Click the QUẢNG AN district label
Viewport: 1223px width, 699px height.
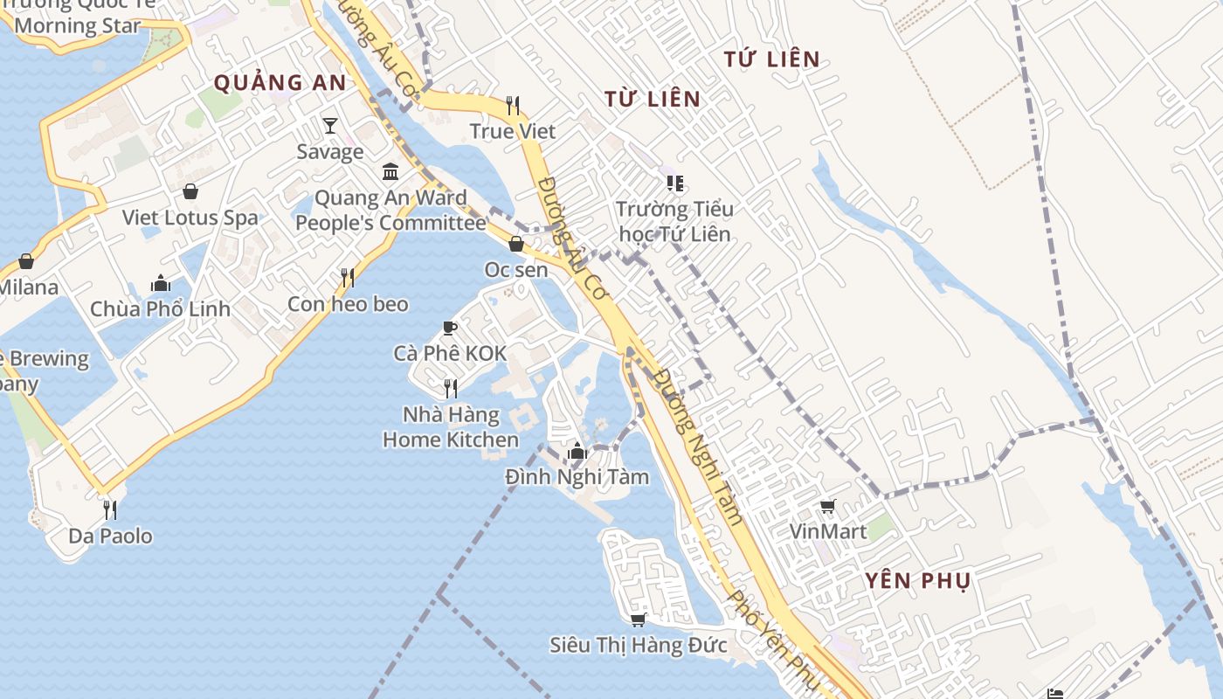click(x=280, y=83)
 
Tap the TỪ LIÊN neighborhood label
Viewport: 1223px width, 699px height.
click(x=653, y=99)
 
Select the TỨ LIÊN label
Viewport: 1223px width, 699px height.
click(x=772, y=59)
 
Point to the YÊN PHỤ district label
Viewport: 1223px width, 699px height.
click(x=918, y=581)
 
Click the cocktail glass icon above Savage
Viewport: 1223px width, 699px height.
click(x=330, y=126)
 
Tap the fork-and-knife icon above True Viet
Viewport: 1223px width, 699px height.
click(x=513, y=106)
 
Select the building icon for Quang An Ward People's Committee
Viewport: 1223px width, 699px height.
click(x=390, y=171)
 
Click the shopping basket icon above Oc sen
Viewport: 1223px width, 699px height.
click(x=516, y=244)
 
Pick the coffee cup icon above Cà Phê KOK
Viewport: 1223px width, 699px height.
click(x=450, y=329)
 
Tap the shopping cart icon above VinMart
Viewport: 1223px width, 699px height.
click(x=827, y=506)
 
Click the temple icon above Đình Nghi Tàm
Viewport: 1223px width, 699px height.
click(x=577, y=452)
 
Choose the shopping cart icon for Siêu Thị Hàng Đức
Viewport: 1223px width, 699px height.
click(x=638, y=619)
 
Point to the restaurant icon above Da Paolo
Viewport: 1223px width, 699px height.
click(x=110, y=509)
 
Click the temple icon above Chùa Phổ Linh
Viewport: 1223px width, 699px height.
click(x=161, y=283)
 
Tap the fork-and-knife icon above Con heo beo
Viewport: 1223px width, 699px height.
click(x=348, y=278)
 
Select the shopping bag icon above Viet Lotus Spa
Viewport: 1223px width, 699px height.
click(x=190, y=191)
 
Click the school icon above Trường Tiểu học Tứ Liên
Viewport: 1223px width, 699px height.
click(x=674, y=183)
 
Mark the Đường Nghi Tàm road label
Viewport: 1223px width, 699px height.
click(x=699, y=446)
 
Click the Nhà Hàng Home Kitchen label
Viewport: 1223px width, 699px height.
click(x=451, y=427)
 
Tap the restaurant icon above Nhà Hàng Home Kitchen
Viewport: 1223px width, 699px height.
click(x=451, y=388)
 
